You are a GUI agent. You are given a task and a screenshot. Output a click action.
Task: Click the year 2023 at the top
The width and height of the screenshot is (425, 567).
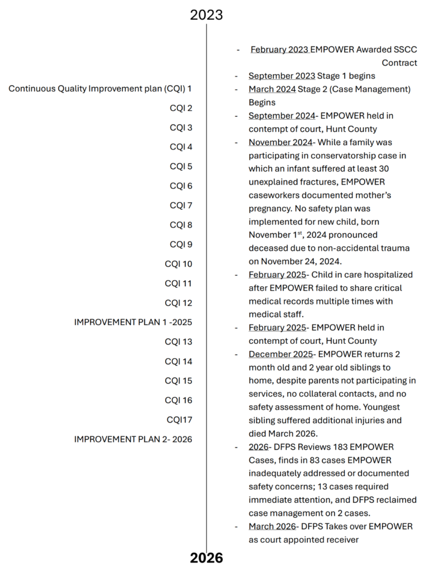[206, 14]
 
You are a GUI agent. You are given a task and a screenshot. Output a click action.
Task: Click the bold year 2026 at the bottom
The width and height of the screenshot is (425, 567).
[206, 558]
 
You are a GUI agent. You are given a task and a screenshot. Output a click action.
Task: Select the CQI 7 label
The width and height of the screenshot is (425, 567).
[181, 205]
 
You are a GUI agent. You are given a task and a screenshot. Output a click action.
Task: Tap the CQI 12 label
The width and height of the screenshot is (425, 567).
[178, 303]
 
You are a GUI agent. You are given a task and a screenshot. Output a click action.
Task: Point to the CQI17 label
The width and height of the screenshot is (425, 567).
[180, 420]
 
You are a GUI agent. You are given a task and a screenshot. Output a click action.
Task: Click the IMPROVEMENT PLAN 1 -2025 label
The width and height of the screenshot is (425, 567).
[133, 322]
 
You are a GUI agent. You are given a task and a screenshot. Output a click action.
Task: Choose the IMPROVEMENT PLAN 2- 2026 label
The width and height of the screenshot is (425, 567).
[133, 439]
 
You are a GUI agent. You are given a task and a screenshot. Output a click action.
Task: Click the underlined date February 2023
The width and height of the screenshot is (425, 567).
[279, 49]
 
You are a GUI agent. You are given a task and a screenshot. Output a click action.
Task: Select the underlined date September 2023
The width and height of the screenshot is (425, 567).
[282, 76]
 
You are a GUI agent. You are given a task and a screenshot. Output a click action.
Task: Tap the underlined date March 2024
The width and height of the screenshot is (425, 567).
[272, 89]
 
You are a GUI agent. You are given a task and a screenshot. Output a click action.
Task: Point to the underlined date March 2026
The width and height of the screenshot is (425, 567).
[272, 526]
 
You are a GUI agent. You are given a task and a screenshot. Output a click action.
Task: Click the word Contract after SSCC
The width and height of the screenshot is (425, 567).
[399, 63]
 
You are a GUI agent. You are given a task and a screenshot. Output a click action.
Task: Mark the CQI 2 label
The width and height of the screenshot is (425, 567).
[181, 108]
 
